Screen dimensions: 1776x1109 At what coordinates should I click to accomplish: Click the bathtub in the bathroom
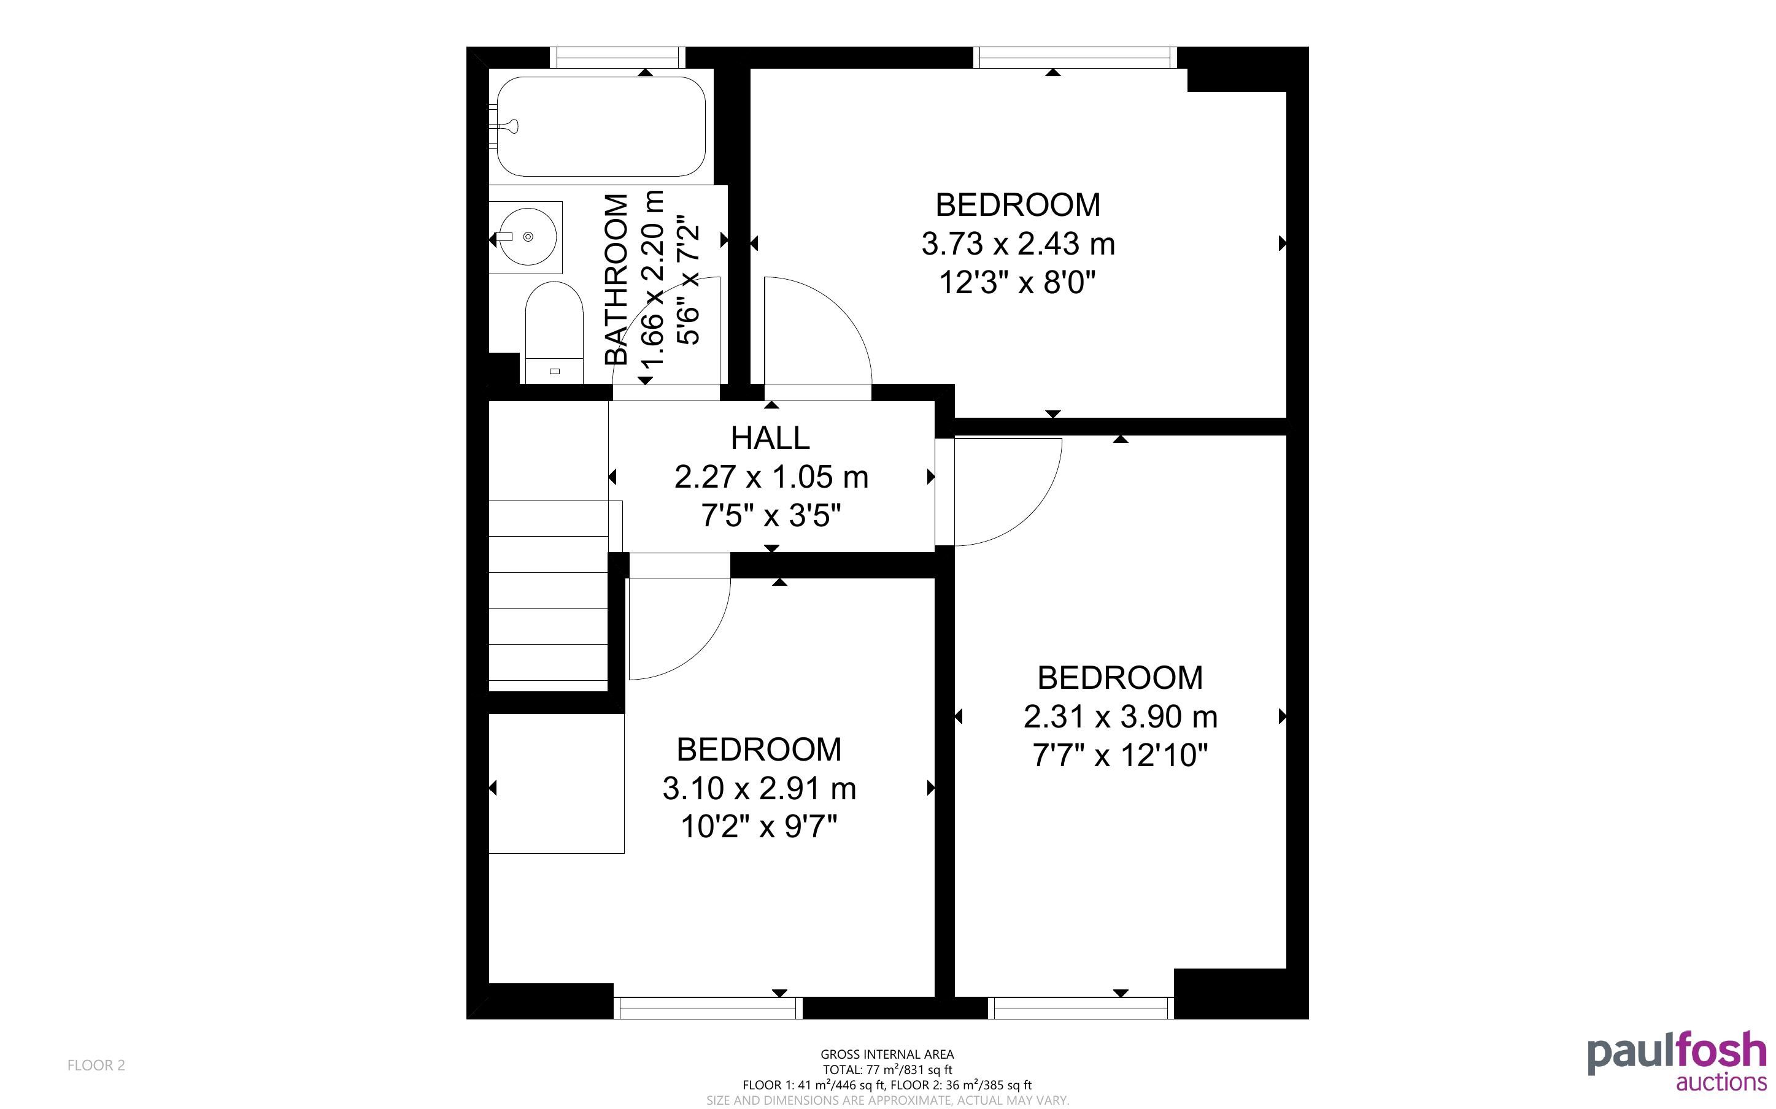tap(601, 126)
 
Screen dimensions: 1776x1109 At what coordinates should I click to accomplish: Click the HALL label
tap(770, 438)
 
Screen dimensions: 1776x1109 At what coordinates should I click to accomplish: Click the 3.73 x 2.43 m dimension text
tap(1018, 244)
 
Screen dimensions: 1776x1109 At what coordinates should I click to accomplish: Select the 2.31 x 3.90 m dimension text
tap(1120, 716)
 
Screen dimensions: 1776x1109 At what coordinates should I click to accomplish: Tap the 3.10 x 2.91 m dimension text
tap(759, 788)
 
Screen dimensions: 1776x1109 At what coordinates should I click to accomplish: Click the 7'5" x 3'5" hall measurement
tap(770, 516)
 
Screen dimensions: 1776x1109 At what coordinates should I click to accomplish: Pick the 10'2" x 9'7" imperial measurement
tap(759, 827)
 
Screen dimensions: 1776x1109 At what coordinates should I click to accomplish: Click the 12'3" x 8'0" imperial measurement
tap(1018, 282)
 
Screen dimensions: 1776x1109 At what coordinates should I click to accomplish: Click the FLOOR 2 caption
tap(96, 1065)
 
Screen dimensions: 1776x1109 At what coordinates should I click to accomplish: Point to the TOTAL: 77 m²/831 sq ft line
tap(887, 1069)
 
